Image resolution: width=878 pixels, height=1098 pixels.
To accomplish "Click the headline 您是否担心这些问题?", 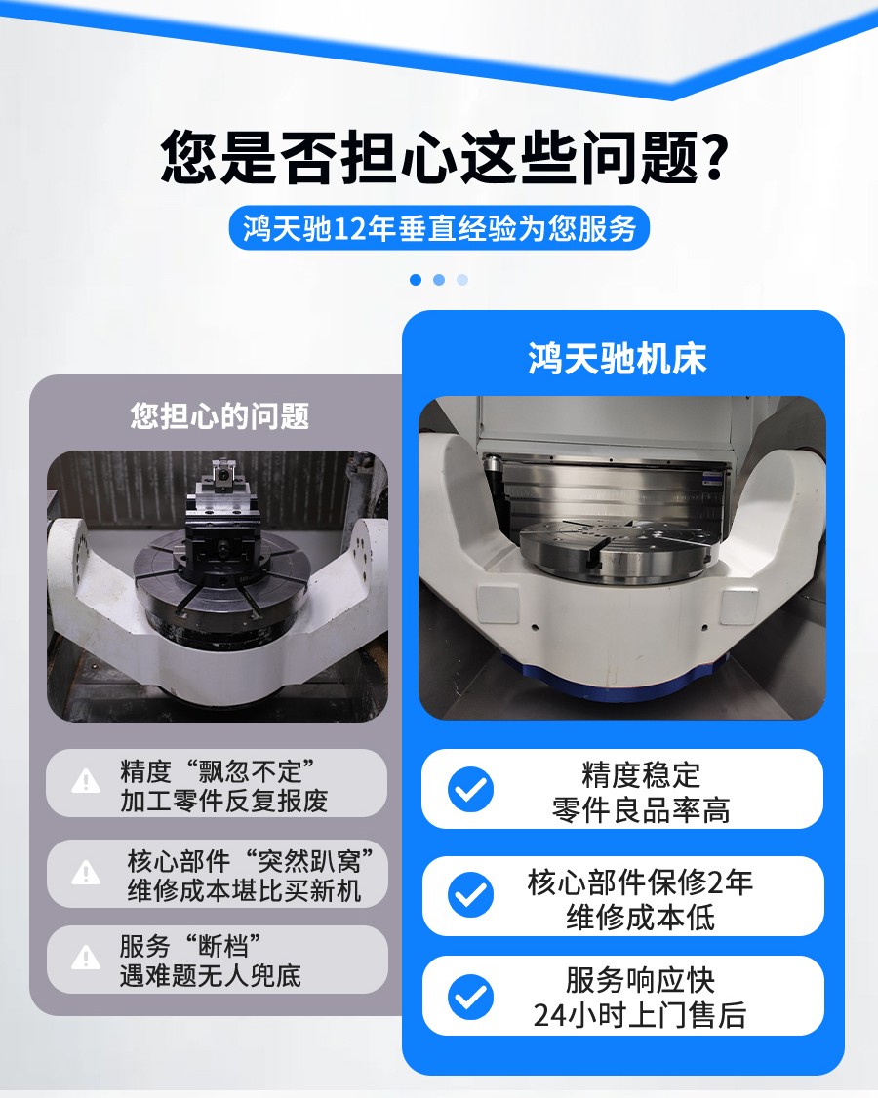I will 444,157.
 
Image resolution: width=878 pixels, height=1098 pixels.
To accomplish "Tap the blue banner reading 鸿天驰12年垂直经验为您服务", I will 440,228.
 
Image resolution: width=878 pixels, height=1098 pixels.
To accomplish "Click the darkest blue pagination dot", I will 416,280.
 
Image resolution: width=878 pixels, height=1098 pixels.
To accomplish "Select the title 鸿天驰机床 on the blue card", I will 617,359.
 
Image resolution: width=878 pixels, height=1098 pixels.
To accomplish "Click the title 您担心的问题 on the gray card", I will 219,416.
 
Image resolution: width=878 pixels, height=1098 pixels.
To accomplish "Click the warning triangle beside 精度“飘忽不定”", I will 86,781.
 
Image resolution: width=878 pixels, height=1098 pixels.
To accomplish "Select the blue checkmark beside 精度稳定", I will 471,789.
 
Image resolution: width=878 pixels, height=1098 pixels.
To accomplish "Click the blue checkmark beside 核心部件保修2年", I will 471,894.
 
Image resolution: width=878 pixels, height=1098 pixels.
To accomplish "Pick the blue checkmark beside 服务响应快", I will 471,996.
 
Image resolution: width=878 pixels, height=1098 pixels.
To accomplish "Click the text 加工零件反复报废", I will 223,802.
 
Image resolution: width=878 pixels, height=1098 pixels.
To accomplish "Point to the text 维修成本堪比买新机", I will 244,891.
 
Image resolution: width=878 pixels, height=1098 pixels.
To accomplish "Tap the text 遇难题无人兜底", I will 211,975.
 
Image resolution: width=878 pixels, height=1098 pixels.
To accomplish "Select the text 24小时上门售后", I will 639,1016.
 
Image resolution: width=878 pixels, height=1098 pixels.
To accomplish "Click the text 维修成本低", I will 641,918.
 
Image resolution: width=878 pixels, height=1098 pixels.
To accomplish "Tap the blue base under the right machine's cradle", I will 615,675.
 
